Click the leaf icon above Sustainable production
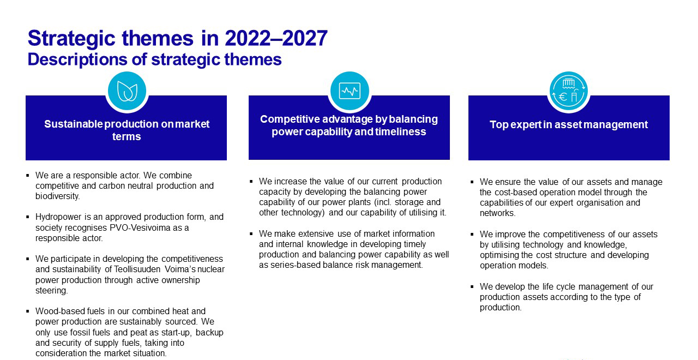point(127,91)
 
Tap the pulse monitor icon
point(350,91)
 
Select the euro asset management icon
point(568,91)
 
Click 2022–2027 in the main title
point(276,38)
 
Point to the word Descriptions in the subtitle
point(77,59)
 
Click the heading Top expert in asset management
point(569,124)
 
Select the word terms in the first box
point(127,136)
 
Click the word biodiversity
point(57,196)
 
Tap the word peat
point(139,333)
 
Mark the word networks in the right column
point(497,213)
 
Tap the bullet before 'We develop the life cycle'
point(472,286)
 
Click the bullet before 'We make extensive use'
point(251,233)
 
